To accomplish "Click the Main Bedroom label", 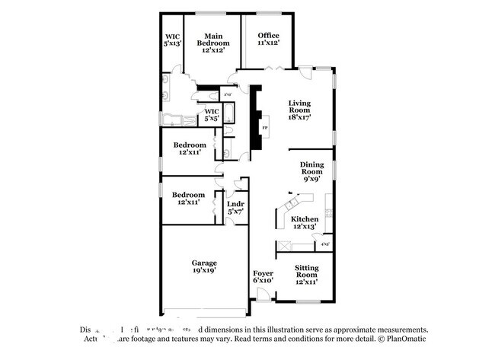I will tap(212, 40).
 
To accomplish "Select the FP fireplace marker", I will tap(265, 128).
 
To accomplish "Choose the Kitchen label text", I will tap(305, 219).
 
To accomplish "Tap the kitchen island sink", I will tap(291, 204).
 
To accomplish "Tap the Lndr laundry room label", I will tap(235, 207).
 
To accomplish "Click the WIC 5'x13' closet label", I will tap(172, 40).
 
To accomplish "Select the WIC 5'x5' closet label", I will tap(211, 115).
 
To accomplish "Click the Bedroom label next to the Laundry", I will tap(188, 198).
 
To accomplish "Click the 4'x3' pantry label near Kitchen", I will tap(325, 244).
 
